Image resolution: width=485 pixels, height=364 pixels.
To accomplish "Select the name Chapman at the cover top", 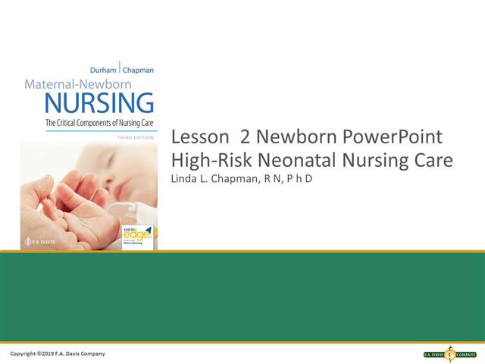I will pyautogui.click(x=138, y=70).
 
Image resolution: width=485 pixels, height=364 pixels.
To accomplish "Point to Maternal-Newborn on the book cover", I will pyautogui.click(x=89, y=85).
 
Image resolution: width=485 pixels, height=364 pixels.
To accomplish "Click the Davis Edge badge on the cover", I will pyautogui.click(x=137, y=236).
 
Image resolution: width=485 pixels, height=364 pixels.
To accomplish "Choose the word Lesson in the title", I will pyautogui.click(x=199, y=138).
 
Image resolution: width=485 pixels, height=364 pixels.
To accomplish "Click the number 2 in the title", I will pyautogui.click(x=245, y=138).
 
